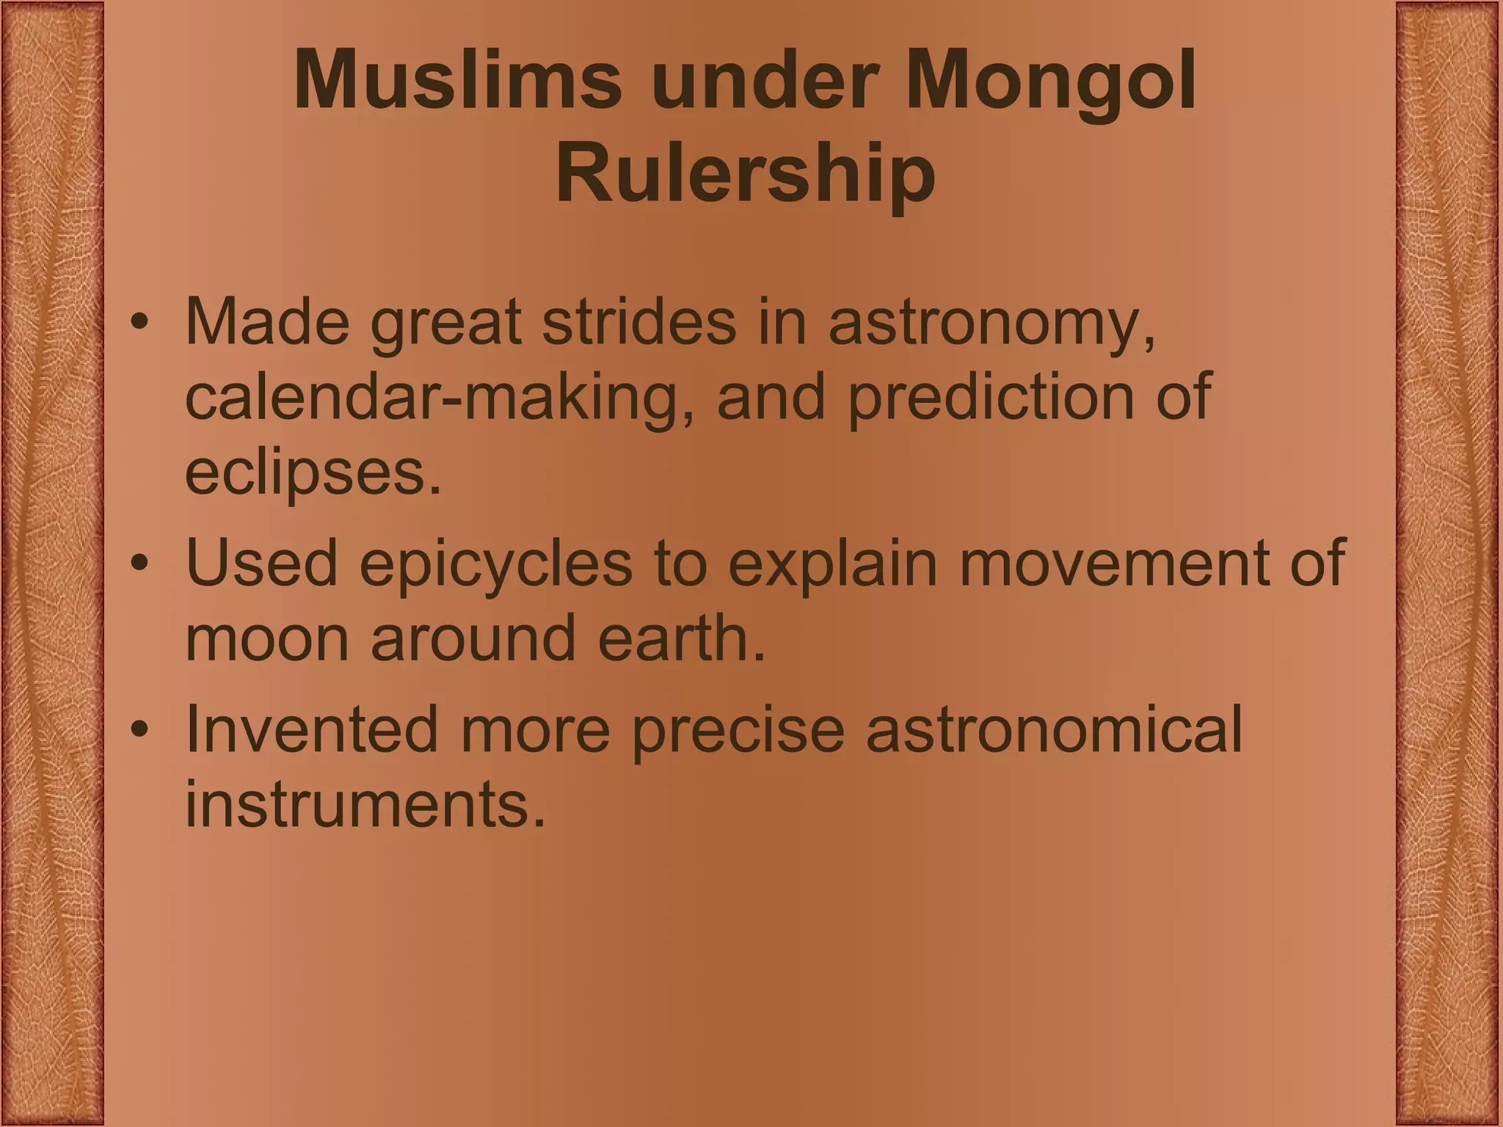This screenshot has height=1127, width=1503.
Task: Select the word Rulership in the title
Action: click(x=746, y=176)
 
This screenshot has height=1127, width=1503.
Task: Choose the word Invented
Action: click(x=312, y=729)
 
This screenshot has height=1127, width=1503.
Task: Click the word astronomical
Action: click(x=1054, y=729)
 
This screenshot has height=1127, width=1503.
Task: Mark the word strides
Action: click(x=638, y=322)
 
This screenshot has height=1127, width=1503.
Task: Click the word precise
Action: click(x=738, y=731)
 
